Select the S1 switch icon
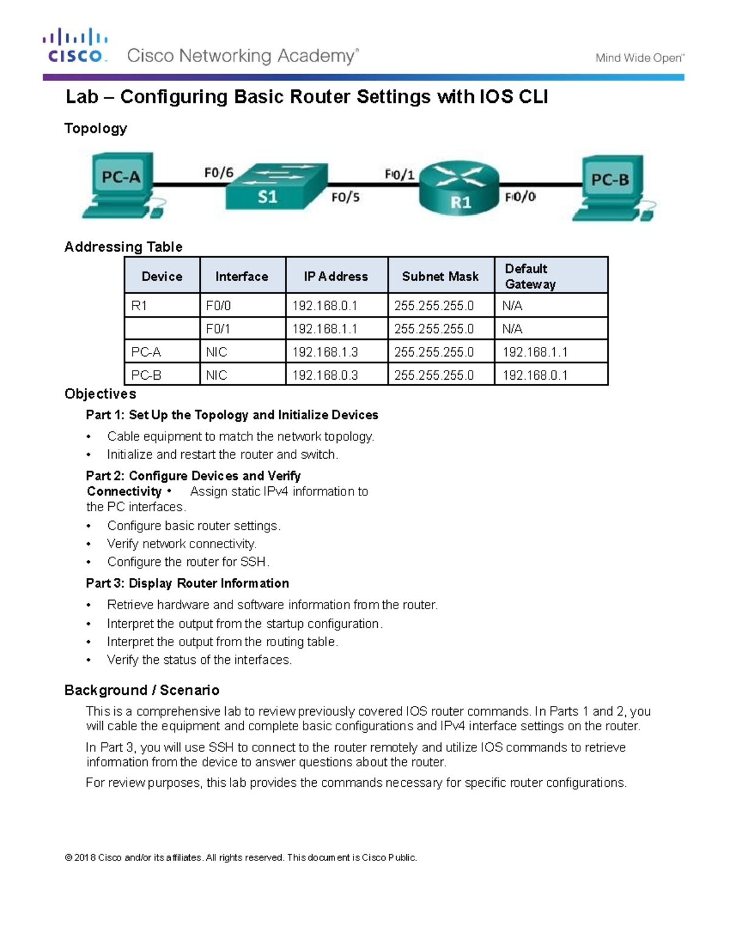(x=276, y=187)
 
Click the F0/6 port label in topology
(x=218, y=173)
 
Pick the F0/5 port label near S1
(x=345, y=197)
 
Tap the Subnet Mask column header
(x=440, y=276)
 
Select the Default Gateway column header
(x=530, y=276)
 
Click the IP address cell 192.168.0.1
(x=325, y=305)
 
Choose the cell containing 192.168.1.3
(x=325, y=352)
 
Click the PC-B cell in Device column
(x=147, y=375)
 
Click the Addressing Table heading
(x=123, y=246)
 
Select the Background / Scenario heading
(x=142, y=690)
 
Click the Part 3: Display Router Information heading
(x=187, y=583)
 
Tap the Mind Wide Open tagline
(x=639, y=58)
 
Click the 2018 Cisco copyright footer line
(x=241, y=857)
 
